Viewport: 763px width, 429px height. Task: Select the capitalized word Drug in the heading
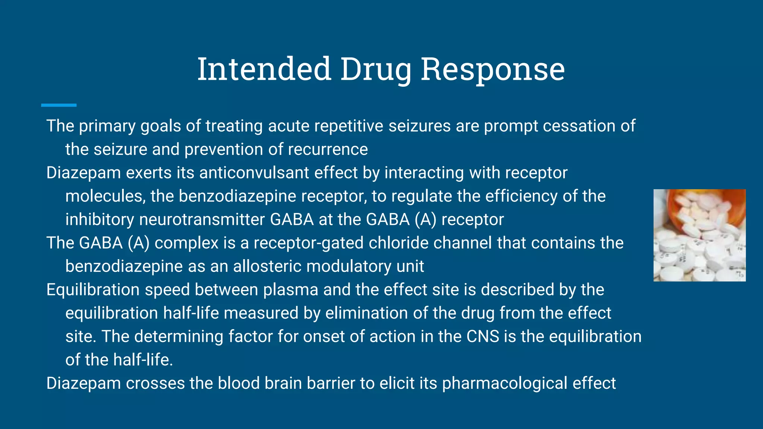376,70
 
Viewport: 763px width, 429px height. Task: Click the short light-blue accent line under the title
59,105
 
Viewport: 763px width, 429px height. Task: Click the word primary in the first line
107,126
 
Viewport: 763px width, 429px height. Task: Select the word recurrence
328,150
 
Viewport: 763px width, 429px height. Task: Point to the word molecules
105,196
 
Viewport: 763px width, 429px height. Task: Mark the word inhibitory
99,220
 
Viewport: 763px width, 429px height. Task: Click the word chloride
398,243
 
